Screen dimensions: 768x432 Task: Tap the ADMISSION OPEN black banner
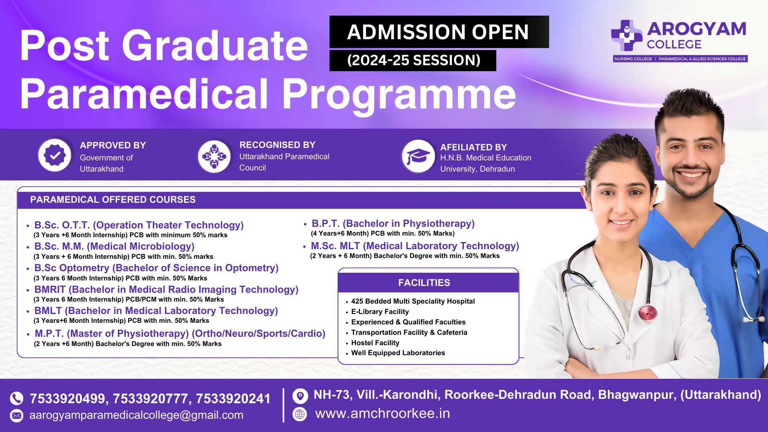pos(439,32)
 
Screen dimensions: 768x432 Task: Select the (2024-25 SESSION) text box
pos(413,60)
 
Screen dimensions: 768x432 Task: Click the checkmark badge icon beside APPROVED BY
pos(55,155)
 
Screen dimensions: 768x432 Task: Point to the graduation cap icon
pos(418,156)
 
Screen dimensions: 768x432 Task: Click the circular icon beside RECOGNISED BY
pos(214,156)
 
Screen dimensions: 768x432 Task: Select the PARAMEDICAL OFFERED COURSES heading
pos(113,200)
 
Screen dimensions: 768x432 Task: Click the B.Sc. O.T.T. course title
pos(139,225)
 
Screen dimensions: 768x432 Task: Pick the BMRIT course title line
pos(166,290)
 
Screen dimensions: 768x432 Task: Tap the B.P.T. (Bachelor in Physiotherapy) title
pos(393,224)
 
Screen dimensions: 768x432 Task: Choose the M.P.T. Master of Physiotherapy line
pos(180,334)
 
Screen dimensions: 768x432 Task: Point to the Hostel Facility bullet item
pos(375,343)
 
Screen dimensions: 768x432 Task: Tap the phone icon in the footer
pos(17,398)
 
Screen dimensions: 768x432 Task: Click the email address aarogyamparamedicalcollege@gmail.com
pos(136,415)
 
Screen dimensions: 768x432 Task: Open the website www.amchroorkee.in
pos(382,414)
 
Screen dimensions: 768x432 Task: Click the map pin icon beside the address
pos(300,396)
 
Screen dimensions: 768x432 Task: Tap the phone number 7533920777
pos(150,399)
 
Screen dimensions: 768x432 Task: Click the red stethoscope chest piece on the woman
pos(647,313)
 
